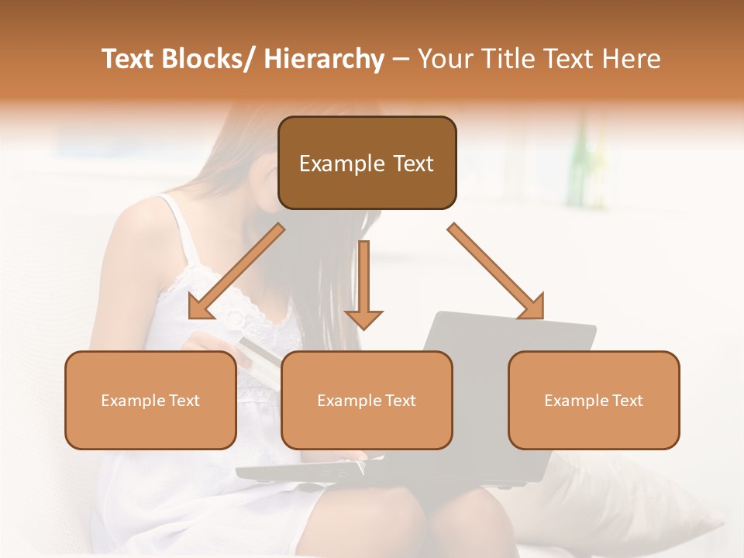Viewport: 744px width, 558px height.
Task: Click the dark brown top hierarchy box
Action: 367,163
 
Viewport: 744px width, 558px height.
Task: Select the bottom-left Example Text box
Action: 150,400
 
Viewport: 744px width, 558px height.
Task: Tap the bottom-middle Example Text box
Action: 367,400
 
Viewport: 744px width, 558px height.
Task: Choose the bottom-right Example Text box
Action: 594,400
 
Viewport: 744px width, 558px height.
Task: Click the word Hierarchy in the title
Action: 324,59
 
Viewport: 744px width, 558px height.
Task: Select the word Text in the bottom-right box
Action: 626,400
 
